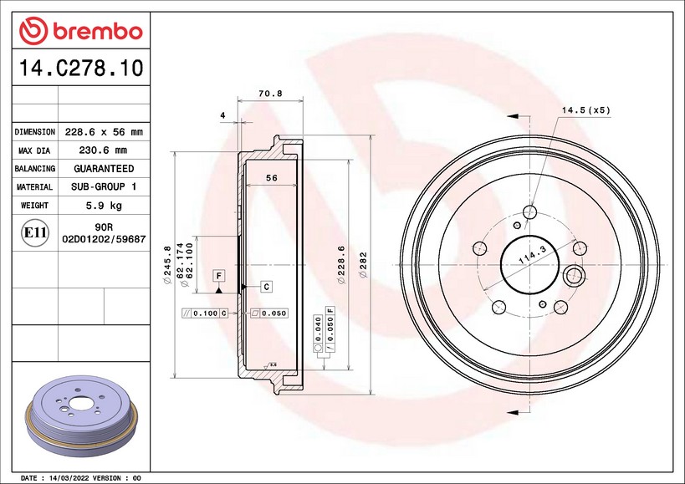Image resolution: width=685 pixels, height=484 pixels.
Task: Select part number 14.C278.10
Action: (x=81, y=68)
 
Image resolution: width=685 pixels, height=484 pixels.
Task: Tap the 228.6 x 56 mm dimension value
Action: (x=104, y=132)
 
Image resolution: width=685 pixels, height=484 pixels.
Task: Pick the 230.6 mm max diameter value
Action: (x=103, y=150)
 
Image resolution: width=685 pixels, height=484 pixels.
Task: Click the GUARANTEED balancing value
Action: (x=104, y=169)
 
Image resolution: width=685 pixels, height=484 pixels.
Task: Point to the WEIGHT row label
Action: (x=34, y=205)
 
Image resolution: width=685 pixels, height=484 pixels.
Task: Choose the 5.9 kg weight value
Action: (x=104, y=205)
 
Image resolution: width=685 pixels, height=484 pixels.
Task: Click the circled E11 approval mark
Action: (x=35, y=232)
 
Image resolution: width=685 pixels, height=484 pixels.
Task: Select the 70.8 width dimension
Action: (x=270, y=94)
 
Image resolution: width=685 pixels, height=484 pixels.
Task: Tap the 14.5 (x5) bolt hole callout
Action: (x=585, y=110)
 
